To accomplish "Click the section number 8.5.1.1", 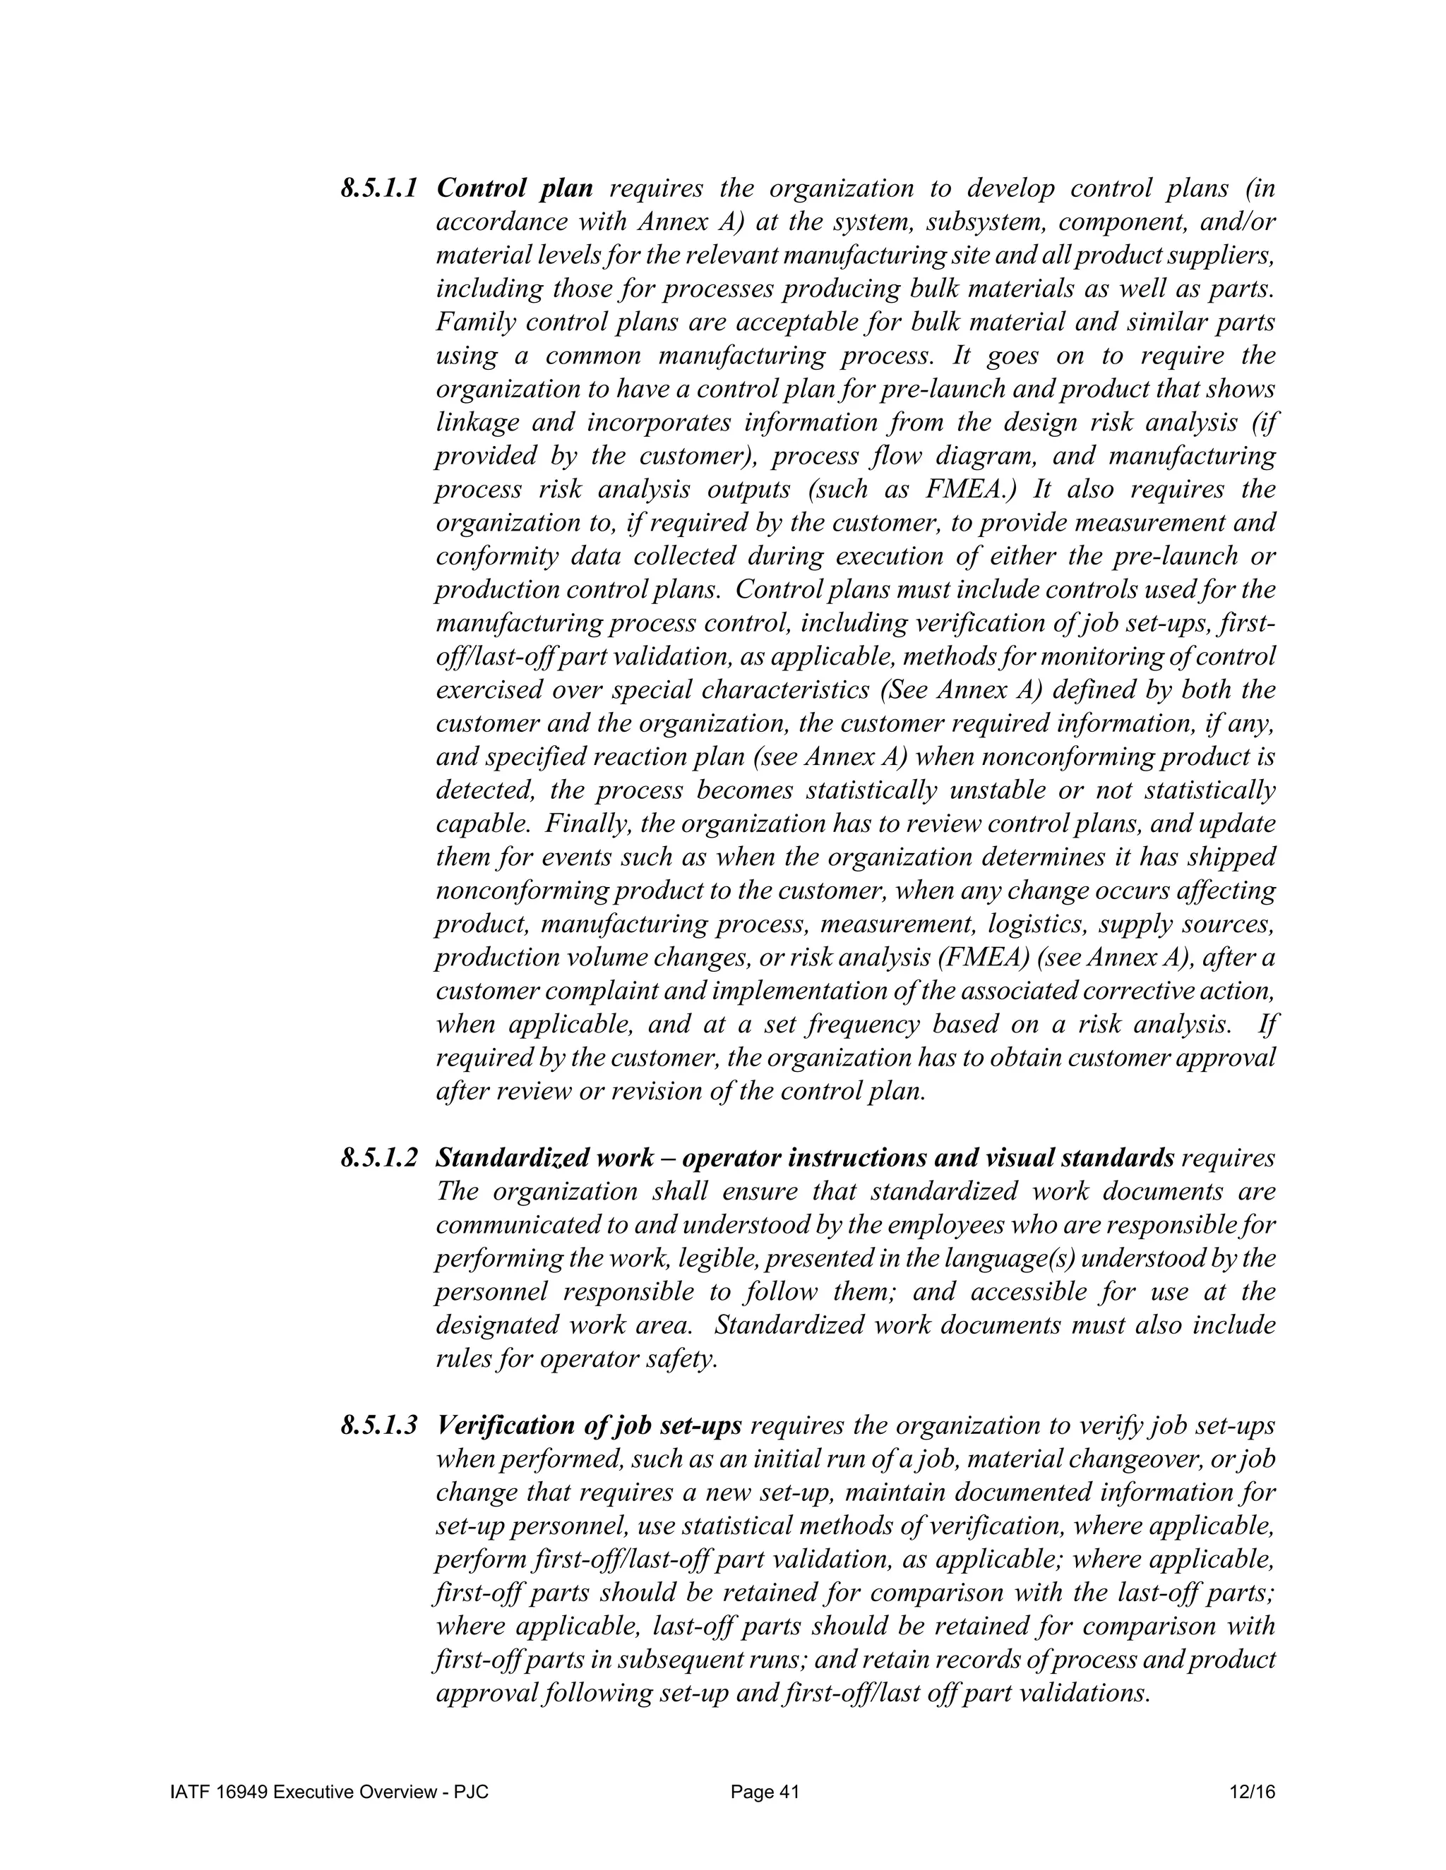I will click(x=378, y=188).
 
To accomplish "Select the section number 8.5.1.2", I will click(x=378, y=1159).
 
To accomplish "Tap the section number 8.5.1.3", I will click(x=378, y=1425).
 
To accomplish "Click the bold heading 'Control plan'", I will click(x=514, y=188).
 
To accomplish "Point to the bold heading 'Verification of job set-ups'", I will click(x=589, y=1425).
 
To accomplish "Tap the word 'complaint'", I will click(x=606, y=991).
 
